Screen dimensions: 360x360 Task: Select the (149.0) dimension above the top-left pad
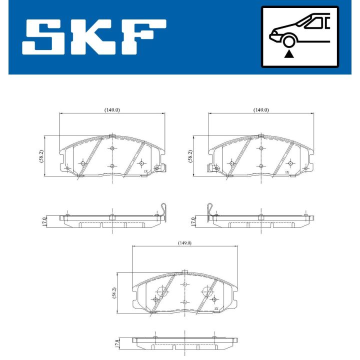[x=111, y=110]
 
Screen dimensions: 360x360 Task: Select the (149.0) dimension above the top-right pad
[x=260, y=110]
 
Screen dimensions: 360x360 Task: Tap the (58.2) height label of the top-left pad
[x=41, y=156]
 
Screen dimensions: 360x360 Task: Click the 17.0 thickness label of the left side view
[x=44, y=220]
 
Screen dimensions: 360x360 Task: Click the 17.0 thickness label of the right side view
[x=192, y=220]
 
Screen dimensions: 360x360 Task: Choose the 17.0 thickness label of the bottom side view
[x=117, y=344]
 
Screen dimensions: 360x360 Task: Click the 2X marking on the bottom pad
[x=216, y=309]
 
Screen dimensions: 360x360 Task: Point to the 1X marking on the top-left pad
[x=146, y=171]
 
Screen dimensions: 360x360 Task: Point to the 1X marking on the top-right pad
[x=287, y=171]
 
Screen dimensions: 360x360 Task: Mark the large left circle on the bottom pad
[x=162, y=292]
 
